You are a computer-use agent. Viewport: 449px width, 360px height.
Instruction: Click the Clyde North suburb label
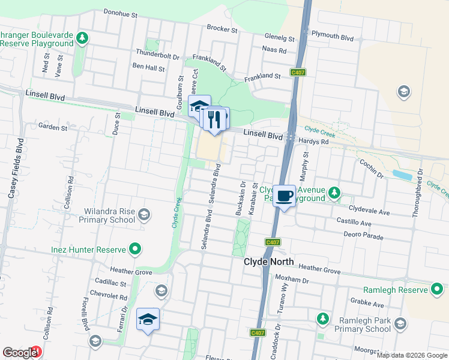268,262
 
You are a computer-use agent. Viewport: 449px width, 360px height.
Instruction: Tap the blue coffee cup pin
285,196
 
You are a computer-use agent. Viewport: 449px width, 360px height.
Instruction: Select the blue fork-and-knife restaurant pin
214,118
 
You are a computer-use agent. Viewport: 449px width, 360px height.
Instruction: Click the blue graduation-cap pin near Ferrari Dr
148,320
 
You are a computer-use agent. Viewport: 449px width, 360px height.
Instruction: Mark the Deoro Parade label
364,235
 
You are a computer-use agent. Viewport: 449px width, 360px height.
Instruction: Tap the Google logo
19,353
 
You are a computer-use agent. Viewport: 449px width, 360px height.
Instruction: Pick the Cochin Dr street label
371,168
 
